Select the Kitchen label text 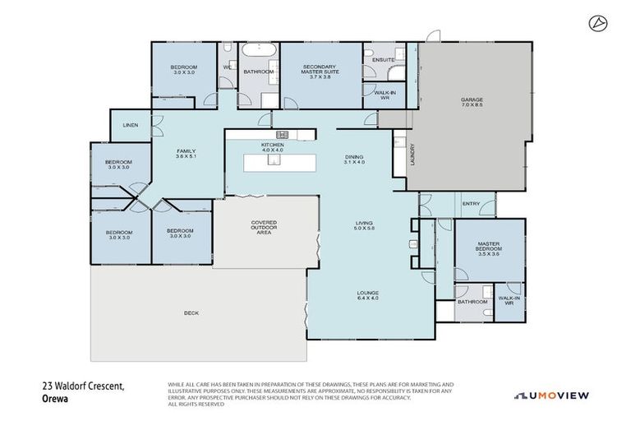coord(272,147)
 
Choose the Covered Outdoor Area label coord(264,228)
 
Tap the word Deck coord(192,312)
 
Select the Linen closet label coord(130,125)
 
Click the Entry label coord(471,204)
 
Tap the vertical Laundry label coord(412,156)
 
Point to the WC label coord(227,68)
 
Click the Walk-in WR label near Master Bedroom coord(509,301)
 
